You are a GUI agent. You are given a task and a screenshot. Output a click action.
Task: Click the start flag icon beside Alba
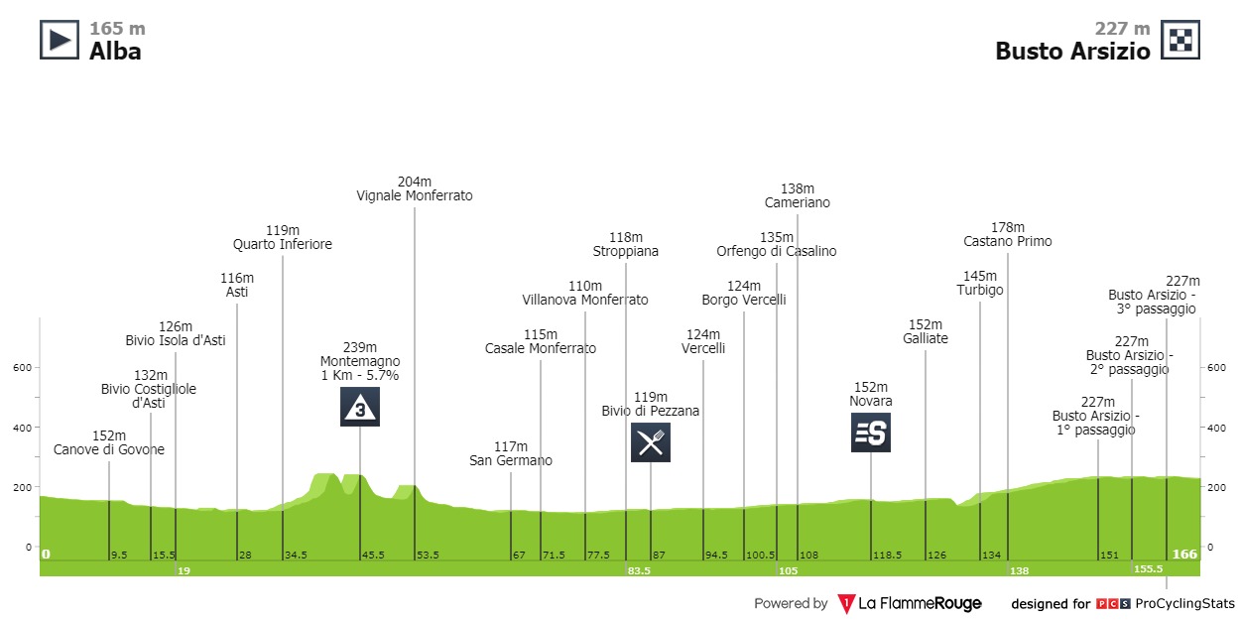[59, 40]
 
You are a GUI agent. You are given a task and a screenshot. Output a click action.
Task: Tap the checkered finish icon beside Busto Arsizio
[1180, 40]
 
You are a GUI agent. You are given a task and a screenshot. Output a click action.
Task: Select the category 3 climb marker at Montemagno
[360, 407]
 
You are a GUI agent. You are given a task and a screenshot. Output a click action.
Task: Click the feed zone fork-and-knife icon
[651, 442]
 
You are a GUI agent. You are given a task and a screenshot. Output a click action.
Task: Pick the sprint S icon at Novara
[871, 433]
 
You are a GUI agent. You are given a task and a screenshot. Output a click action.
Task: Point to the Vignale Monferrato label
[415, 196]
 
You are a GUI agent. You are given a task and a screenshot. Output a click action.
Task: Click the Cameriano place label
[798, 202]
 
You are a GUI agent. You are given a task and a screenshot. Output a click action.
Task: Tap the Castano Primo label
[1008, 241]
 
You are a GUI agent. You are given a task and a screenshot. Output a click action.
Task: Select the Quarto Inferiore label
[283, 244]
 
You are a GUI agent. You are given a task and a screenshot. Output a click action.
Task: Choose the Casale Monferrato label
[541, 348]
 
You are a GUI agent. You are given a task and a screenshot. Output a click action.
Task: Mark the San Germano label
[511, 460]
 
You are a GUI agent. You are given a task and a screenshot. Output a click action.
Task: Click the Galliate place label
[926, 338]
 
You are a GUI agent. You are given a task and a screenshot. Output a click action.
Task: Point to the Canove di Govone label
[109, 449]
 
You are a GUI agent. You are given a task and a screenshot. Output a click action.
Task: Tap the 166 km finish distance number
[1184, 554]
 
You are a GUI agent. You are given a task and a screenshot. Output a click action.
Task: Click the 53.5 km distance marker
[415, 555]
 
